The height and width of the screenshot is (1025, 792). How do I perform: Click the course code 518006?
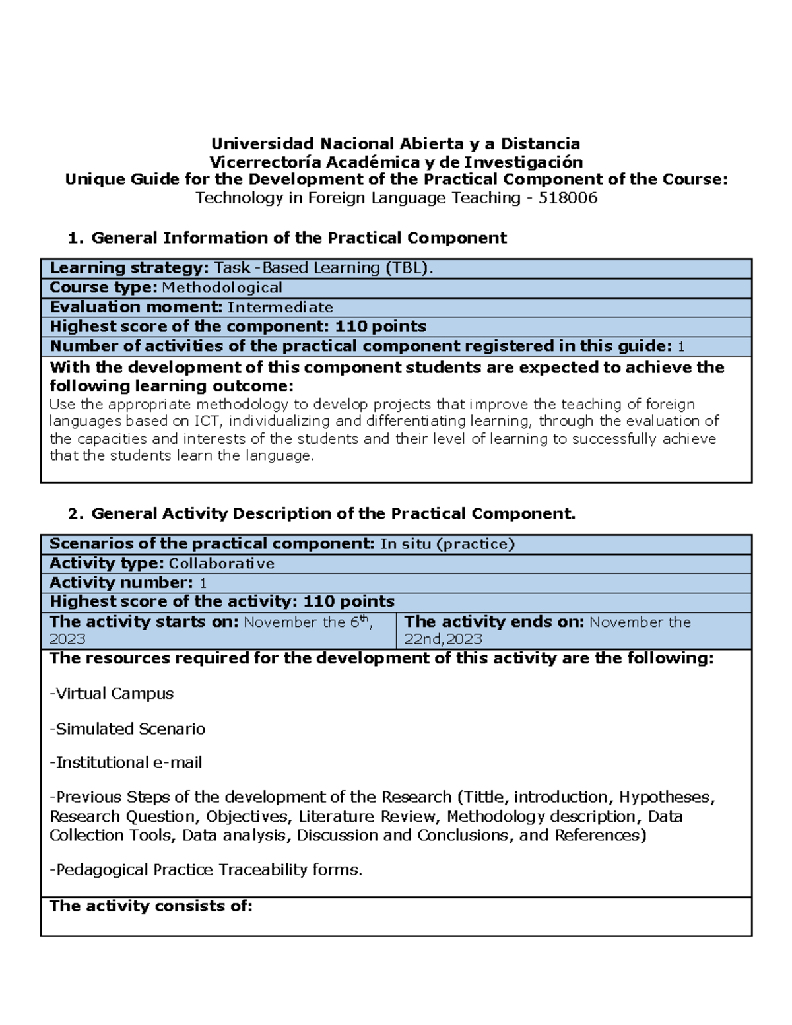tap(568, 198)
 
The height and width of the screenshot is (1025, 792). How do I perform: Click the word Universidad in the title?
tap(262, 144)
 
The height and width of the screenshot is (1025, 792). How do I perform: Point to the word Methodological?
tap(222, 288)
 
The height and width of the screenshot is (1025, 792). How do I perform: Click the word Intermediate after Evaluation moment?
tap(280, 308)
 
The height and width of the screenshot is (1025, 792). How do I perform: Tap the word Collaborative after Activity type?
tap(221, 564)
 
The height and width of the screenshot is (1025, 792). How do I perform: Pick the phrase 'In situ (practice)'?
tap(447, 544)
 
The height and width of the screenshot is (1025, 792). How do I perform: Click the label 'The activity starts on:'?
tap(144, 622)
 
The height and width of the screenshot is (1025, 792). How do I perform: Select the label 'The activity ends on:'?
tap(494, 622)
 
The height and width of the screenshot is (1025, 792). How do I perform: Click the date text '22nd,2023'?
tap(443, 639)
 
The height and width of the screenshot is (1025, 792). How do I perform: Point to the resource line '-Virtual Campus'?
tap(112, 694)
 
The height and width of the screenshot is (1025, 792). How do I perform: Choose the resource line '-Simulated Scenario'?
tap(127, 729)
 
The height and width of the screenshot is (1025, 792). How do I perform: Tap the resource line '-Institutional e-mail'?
tap(126, 763)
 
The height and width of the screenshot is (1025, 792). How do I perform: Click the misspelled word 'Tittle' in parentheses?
tap(484, 797)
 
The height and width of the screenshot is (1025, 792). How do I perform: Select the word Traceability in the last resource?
tap(263, 870)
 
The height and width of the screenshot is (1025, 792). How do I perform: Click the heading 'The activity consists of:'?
tap(151, 906)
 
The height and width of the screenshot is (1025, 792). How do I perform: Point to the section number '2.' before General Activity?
tap(76, 514)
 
